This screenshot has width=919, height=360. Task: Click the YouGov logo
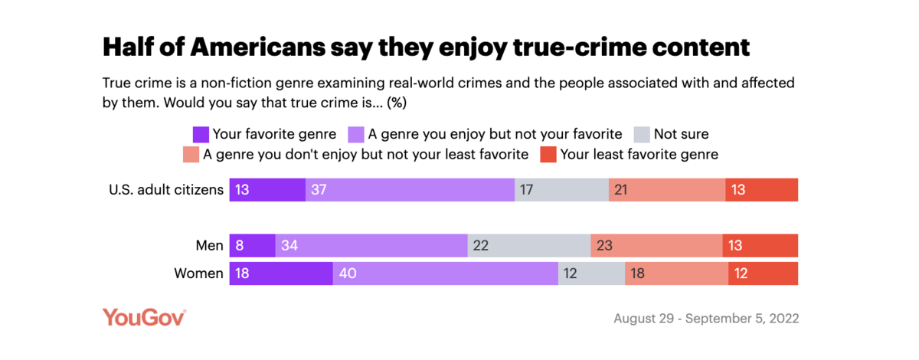coord(144,317)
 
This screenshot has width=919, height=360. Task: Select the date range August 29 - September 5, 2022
coord(705,318)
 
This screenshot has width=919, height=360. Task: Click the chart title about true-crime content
coord(425,47)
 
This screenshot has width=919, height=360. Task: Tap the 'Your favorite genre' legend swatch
coord(201,135)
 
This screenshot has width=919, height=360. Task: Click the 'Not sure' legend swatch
coord(641,135)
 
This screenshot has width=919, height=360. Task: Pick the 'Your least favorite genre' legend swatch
coord(548,155)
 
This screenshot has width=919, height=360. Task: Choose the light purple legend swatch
coord(357,135)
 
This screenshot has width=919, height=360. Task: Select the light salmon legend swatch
coord(191,155)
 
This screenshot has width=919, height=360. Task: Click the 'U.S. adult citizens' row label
coord(166,190)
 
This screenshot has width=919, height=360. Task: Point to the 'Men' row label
coord(209,246)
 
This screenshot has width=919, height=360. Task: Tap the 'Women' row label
coord(200,273)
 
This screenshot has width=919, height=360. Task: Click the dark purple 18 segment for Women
coord(281,273)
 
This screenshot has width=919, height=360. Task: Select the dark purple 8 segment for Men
coord(252,246)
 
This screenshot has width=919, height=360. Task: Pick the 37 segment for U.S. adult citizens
coord(410,190)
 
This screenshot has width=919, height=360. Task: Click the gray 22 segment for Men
coord(529,246)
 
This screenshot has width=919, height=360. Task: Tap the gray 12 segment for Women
coord(591,273)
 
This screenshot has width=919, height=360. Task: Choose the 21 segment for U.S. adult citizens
coord(667,190)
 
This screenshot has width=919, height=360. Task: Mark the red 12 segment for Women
coord(763,273)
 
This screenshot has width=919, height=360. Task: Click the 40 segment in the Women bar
coord(445,273)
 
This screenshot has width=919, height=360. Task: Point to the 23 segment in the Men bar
coord(656,246)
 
